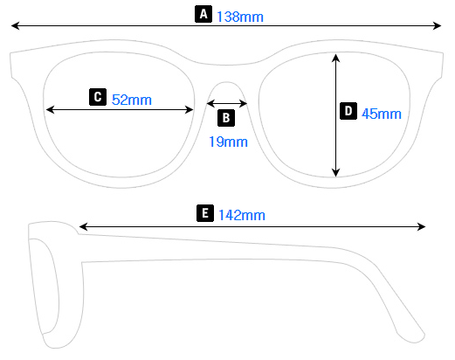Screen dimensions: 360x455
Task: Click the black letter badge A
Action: [x=203, y=14]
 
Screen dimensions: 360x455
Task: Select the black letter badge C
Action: [x=98, y=97]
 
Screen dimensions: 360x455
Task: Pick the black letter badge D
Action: [x=348, y=111]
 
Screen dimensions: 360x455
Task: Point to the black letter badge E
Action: [x=204, y=213]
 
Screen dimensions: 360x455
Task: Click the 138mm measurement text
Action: [x=239, y=16]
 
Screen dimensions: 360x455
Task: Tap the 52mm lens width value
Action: [x=132, y=99]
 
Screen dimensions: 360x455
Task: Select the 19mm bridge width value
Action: [x=228, y=141]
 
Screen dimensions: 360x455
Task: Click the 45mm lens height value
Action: [x=381, y=113]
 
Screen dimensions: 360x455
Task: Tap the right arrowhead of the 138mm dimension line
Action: [x=439, y=28]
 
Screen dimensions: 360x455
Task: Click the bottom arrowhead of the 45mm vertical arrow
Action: [x=335, y=173]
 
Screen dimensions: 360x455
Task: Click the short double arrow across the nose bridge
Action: [x=227, y=103]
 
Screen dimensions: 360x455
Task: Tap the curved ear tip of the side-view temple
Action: [x=410, y=334]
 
